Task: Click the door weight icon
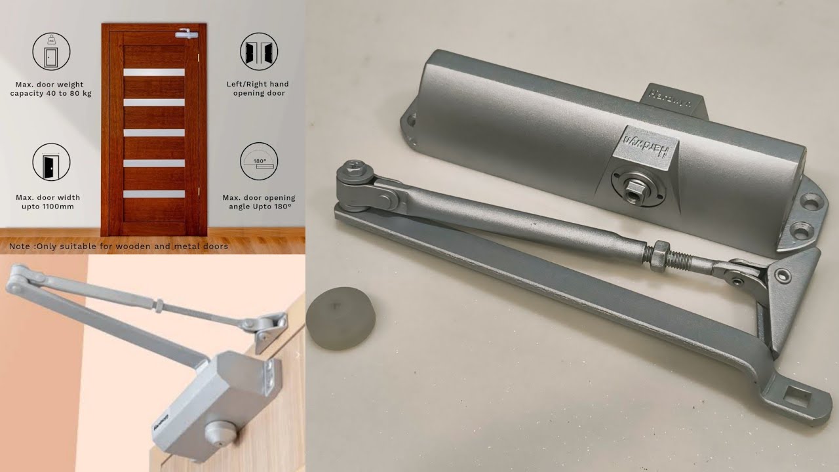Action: point(51,51)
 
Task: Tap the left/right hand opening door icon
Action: point(259,51)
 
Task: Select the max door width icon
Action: point(51,162)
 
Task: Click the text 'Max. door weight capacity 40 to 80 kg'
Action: point(51,88)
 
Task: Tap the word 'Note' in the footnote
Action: point(20,246)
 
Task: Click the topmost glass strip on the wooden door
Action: point(154,72)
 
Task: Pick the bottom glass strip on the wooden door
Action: point(154,194)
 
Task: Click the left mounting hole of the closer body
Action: point(411,121)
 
